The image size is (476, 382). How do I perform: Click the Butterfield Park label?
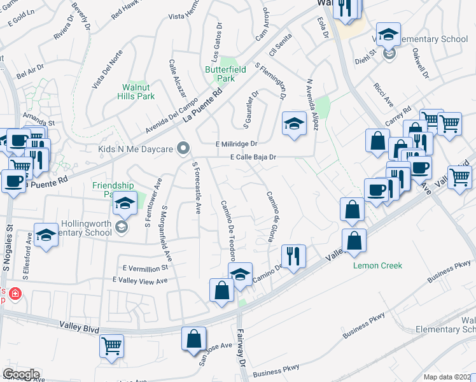pos(220,73)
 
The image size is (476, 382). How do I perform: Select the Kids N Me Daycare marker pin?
pos(185,149)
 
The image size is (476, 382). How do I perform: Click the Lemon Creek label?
pos(378,265)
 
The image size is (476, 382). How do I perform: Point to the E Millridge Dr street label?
pos(235,144)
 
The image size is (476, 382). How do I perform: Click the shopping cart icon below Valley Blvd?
pos(112,346)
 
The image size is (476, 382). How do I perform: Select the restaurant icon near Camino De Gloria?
pos(293,256)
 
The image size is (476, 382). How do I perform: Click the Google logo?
pos(21,374)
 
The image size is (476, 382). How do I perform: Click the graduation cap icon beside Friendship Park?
pos(125,204)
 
